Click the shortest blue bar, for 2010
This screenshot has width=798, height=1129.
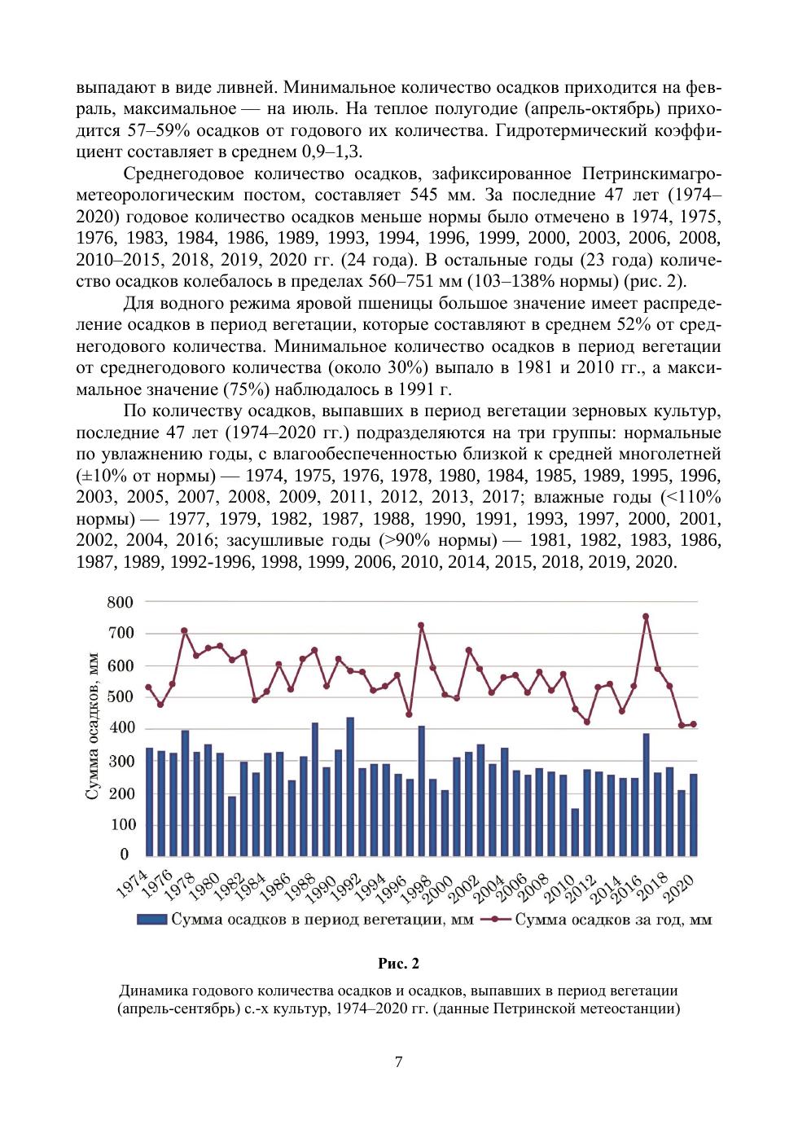click(576, 832)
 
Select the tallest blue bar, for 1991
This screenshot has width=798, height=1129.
click(351, 786)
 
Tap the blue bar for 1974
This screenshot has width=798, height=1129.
click(150, 802)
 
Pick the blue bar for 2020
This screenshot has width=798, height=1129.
click(694, 815)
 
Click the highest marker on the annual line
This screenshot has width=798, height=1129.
click(646, 617)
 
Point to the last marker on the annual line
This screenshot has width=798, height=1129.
click(694, 724)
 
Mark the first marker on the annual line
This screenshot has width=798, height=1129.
click(148, 687)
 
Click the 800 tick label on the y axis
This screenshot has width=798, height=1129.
click(120, 602)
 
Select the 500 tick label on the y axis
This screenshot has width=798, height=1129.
click(120, 696)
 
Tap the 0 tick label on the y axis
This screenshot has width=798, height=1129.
click(125, 854)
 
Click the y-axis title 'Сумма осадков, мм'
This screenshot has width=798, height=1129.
click(92, 727)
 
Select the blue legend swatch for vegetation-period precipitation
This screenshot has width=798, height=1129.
click(152, 920)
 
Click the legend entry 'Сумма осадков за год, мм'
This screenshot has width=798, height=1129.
click(613, 920)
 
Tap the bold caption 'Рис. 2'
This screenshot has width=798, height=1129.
click(398, 964)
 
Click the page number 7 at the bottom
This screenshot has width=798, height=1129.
click(398, 1062)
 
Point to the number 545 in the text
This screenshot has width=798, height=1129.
click(424, 195)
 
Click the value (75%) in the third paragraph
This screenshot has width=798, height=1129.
click(237, 389)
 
